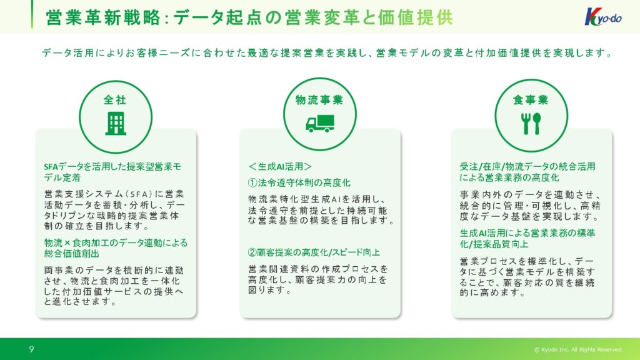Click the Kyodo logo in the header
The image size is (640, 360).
coord(603,17)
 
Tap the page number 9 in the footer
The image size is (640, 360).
coord(31,349)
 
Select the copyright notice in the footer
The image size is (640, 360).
coord(578,350)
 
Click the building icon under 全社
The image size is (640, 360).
coord(116,123)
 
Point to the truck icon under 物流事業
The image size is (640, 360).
coord(320,123)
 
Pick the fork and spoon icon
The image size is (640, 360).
coord(531,123)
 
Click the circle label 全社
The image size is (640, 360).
coord(115,99)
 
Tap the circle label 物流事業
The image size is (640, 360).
coord(319,100)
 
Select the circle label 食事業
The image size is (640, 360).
coord(531,100)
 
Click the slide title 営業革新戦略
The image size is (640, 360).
coord(103,17)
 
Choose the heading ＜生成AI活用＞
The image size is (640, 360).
coord(280,166)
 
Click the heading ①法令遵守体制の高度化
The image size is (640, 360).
coord(299,183)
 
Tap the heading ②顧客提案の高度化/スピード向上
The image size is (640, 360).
coord(314,252)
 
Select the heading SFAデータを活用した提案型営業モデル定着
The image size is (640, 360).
coord(112,172)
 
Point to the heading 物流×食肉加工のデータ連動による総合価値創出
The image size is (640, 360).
coord(116,248)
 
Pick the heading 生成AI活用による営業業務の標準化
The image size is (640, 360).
coord(527,238)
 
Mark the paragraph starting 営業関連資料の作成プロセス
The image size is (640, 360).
coord(318,279)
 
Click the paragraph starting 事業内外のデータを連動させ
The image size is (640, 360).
coord(530,206)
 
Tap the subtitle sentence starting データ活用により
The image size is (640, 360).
coord(327,52)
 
